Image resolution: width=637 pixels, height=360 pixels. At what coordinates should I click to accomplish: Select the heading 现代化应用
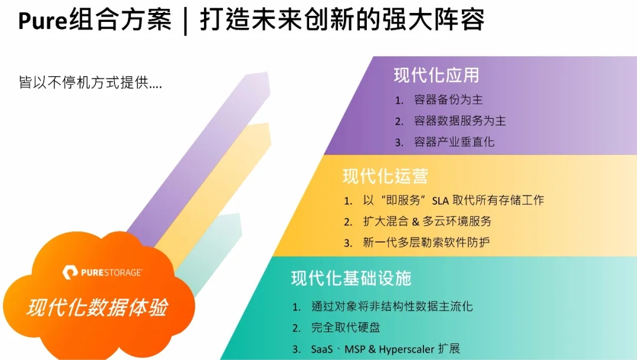tap(436, 75)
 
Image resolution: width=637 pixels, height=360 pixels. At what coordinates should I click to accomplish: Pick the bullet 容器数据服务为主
tap(459, 120)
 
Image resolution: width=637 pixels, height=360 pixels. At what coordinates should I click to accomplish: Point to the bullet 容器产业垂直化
tap(454, 142)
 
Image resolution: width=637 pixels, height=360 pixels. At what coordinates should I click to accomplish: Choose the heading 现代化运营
tap(385, 175)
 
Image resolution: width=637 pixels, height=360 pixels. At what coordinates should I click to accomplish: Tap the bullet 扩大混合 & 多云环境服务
tap(427, 221)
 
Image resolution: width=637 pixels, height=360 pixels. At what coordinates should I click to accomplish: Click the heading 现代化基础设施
tap(351, 278)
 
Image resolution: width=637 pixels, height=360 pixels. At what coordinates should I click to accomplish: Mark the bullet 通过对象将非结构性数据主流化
tap(392, 306)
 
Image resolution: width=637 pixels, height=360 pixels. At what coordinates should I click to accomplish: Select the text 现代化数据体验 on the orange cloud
tap(97, 307)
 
